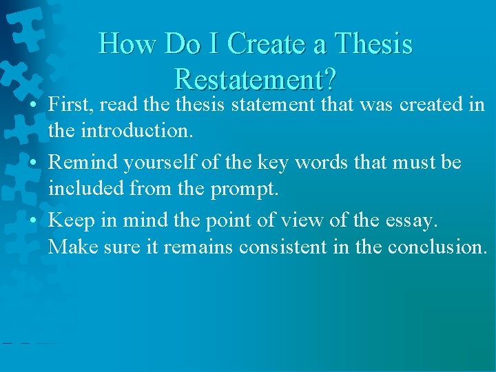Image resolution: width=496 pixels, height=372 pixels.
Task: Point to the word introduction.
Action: point(133,130)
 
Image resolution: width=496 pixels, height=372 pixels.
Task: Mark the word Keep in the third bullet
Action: point(66,220)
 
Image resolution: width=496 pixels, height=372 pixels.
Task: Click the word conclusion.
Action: point(437,245)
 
